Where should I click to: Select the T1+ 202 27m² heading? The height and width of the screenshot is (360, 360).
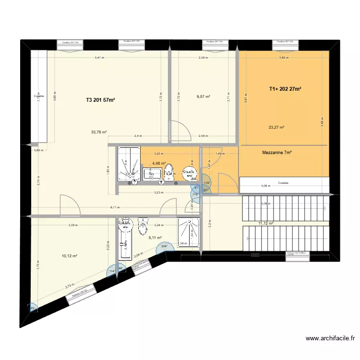(x=285, y=89)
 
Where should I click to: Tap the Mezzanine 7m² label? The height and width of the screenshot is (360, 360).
(x=277, y=153)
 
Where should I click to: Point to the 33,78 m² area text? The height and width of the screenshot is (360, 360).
(x=99, y=132)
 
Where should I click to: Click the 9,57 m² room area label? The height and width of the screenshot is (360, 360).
(x=204, y=96)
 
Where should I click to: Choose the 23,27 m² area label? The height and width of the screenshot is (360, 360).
(x=276, y=127)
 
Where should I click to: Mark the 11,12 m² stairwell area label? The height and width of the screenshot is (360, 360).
(x=265, y=223)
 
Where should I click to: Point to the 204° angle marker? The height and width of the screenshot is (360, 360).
(x=164, y=247)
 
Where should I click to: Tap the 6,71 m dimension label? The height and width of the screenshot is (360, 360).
(x=114, y=208)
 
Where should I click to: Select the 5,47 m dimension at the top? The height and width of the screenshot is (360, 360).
(x=98, y=58)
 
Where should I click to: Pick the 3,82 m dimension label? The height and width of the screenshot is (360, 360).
(x=285, y=58)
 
